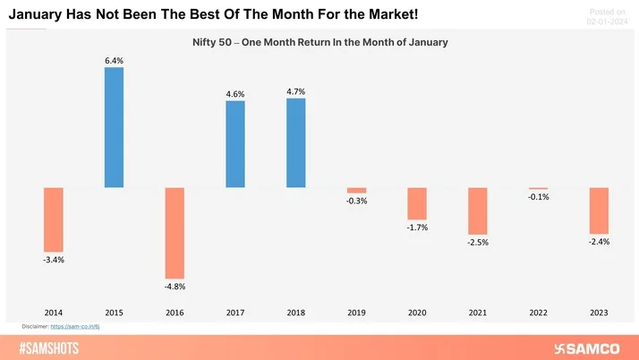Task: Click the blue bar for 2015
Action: (x=114, y=127)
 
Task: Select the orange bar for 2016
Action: (x=175, y=232)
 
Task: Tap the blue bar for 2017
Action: (x=235, y=143)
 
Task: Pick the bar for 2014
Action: (x=54, y=219)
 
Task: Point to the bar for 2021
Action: (x=477, y=210)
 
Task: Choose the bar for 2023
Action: (x=599, y=210)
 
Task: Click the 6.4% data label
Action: (x=114, y=60)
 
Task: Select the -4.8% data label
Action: (x=175, y=287)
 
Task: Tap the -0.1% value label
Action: (x=538, y=197)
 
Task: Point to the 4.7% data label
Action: (x=296, y=91)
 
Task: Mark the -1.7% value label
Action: (x=416, y=227)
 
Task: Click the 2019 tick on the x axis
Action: (x=356, y=313)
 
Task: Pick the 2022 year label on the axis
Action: (x=538, y=313)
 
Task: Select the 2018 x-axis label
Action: (x=296, y=313)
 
